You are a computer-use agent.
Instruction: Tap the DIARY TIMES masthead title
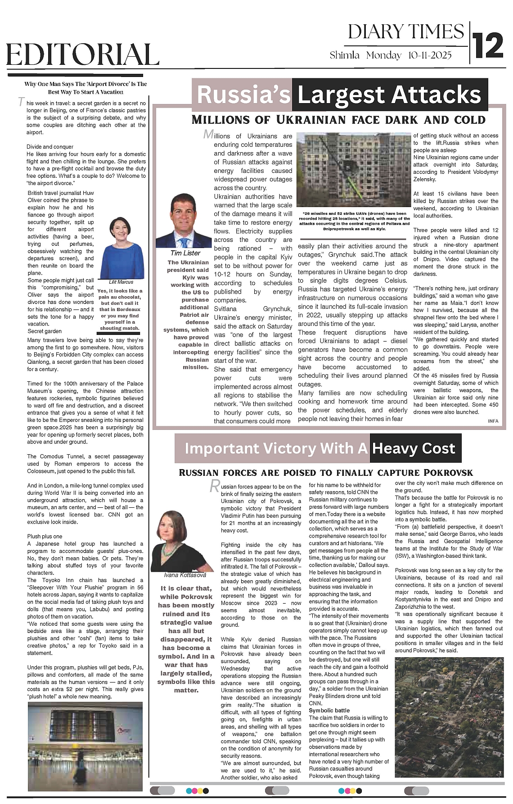pyautogui.click(x=406, y=32)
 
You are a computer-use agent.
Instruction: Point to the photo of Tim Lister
pyautogui.click(x=184, y=221)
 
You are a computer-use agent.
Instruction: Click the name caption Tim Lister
pyautogui.click(x=185, y=253)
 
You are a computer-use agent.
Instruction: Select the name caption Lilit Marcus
pyautogui.click(x=121, y=282)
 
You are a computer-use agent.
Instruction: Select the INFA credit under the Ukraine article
pyautogui.click(x=493, y=421)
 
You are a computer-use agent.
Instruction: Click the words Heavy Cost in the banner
pyautogui.click(x=414, y=448)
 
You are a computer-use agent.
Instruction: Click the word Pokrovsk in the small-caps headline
pyautogui.click(x=448, y=473)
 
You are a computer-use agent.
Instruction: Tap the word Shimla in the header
pyautogui.click(x=345, y=55)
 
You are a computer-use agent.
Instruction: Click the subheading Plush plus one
pyautogui.click(x=45, y=536)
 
